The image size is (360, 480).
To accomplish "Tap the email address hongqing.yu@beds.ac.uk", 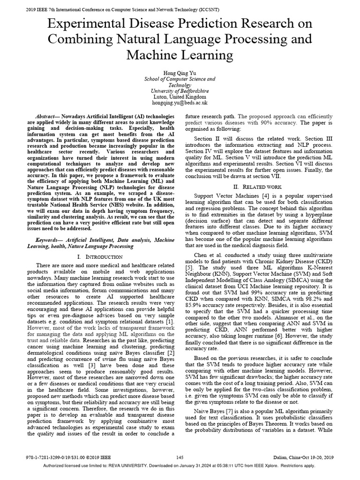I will pos(180,102).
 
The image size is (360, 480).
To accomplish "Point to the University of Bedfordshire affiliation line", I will pos(180,91).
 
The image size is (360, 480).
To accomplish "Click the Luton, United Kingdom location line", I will pos(180,97).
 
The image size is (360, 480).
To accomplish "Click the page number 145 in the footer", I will pos(180,457).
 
